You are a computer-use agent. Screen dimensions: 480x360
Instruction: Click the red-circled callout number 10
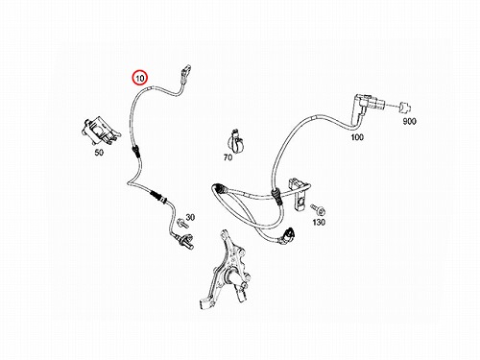[x=140, y=78]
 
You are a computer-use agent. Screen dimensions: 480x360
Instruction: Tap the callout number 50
[x=99, y=153]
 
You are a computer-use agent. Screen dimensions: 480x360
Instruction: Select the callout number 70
[x=228, y=157]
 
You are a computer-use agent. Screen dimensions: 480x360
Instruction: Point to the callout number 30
[x=190, y=217]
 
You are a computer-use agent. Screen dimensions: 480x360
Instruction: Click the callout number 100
[x=357, y=137]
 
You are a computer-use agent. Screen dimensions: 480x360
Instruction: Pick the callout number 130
[x=319, y=222]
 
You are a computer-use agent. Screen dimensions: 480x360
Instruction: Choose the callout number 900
[x=409, y=121]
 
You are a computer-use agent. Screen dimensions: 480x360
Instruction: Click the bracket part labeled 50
[x=100, y=131]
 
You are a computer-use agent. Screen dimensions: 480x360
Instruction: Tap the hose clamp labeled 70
[x=235, y=141]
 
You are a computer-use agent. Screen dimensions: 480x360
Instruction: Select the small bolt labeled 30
[x=181, y=223]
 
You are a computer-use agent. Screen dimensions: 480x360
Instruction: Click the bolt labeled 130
[x=318, y=209]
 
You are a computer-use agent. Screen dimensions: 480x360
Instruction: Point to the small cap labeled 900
[x=405, y=108]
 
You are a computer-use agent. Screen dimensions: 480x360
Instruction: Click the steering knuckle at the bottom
[x=225, y=272]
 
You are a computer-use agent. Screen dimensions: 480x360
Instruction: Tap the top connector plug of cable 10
[x=185, y=74]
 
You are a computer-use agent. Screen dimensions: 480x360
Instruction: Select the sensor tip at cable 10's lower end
[x=186, y=241]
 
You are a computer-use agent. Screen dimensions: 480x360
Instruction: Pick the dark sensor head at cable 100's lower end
[x=287, y=236]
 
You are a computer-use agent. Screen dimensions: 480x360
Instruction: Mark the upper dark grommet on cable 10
[x=136, y=152]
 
